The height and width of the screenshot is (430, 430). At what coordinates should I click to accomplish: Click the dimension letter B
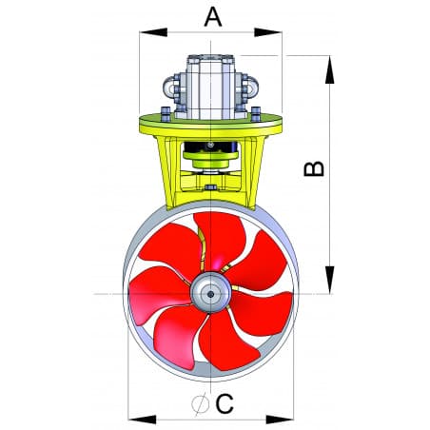click(313, 168)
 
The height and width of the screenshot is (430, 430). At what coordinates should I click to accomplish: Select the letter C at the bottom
click(225, 403)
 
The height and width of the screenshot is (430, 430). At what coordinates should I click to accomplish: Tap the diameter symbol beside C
click(199, 403)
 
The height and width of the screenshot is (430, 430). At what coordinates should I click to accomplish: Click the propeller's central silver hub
click(208, 293)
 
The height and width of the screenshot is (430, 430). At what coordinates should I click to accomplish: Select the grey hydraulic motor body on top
click(210, 87)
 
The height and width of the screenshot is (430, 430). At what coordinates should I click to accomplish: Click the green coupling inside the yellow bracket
click(210, 171)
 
